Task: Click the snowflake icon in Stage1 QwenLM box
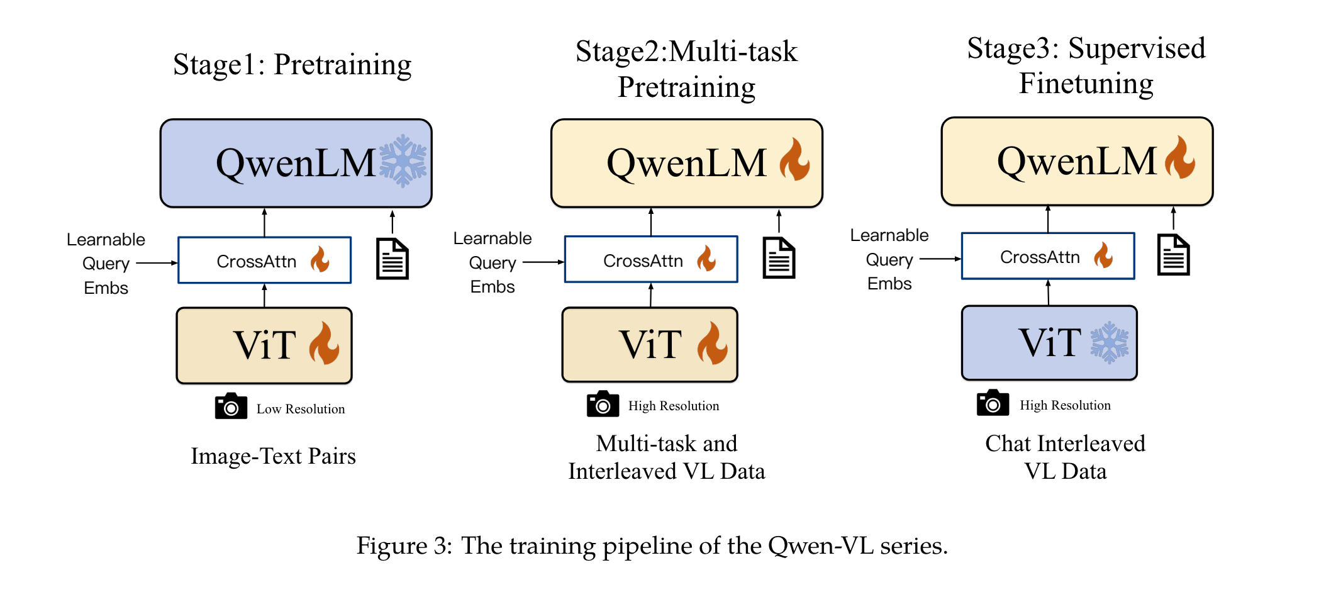pos(403,160)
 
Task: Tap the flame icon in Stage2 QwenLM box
pos(794,160)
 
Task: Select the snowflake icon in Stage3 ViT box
pos(1109,342)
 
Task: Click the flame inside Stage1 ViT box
pos(324,344)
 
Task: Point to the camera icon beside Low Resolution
pos(231,406)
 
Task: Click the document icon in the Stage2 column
pos(779,257)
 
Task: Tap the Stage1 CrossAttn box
pos(264,260)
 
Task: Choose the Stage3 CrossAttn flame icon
pos(1103,255)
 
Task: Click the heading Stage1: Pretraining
pos(292,65)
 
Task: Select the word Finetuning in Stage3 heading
pos(1086,84)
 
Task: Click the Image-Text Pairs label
pos(273,456)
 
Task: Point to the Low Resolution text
pos(301,409)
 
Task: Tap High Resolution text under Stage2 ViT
pos(673,406)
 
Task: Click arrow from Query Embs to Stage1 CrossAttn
pos(157,263)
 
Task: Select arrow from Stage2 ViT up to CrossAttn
pos(650,294)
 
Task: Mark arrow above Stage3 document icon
pos(1173,219)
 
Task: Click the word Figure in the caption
pos(391,545)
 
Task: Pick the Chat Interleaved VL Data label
pos(1065,457)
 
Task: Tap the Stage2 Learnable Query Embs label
pos(493,262)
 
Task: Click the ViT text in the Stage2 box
pos(650,345)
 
